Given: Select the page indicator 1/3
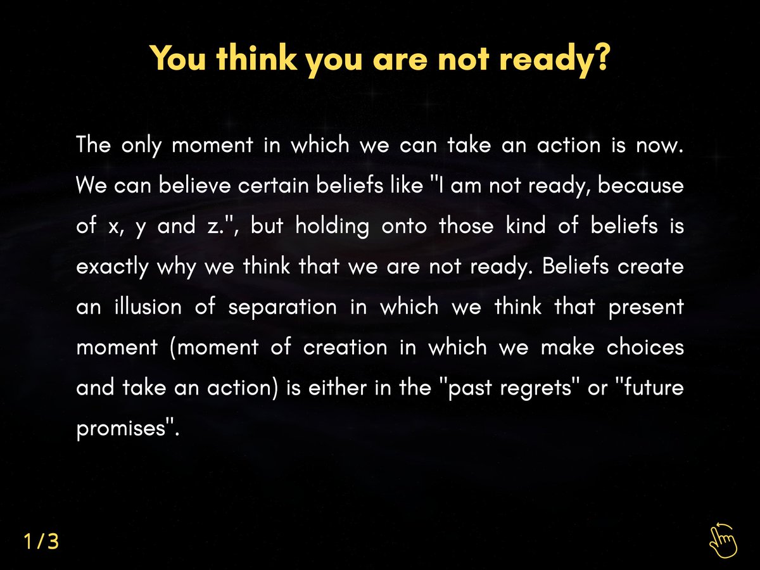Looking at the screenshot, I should tap(41, 541).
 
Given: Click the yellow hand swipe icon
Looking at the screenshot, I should tap(723, 540).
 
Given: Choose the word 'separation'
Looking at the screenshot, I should tap(282, 307).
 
